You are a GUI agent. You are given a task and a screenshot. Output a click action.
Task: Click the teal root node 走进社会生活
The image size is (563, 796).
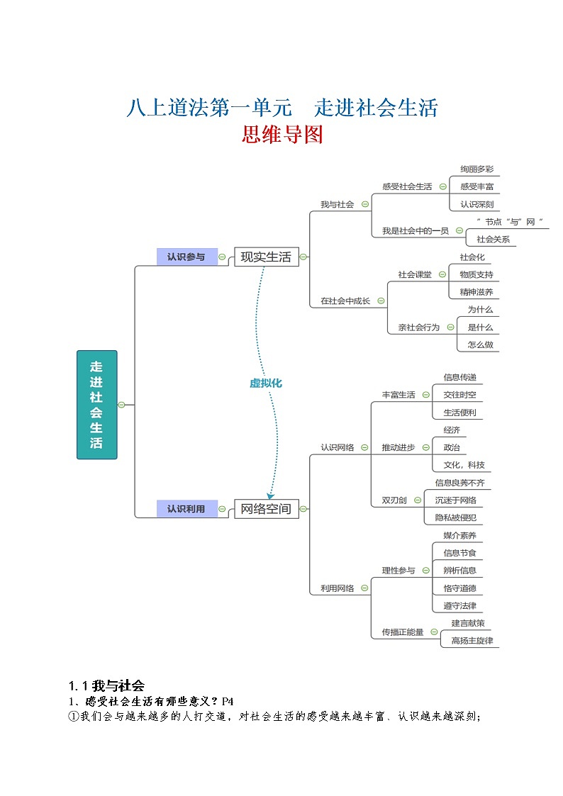pyautogui.click(x=96, y=404)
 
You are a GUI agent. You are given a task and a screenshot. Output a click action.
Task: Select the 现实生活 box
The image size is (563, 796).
pyautogui.click(x=266, y=257)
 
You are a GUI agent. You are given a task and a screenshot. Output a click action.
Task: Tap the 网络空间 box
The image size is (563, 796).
pyautogui.click(x=266, y=508)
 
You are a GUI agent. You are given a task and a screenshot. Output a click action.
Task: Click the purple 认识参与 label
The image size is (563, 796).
pyautogui.click(x=186, y=257)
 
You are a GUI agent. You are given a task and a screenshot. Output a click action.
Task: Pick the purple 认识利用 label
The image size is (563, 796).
pyautogui.click(x=186, y=508)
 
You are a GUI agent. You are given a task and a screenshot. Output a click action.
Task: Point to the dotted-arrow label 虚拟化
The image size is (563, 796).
pyautogui.click(x=266, y=383)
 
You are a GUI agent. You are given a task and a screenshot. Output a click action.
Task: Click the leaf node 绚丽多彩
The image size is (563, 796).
pyautogui.click(x=476, y=169)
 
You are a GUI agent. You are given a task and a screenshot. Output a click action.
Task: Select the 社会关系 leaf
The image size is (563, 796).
pyautogui.click(x=493, y=240)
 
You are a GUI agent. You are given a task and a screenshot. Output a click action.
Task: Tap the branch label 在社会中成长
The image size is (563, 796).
pyautogui.click(x=345, y=301)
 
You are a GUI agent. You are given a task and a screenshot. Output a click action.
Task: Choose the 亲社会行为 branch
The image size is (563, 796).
pyautogui.click(x=418, y=327)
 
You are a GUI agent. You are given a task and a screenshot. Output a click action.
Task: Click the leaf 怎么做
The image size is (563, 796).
pyautogui.click(x=479, y=345)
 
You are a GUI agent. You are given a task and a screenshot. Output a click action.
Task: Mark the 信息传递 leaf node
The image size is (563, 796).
pyautogui.click(x=459, y=377)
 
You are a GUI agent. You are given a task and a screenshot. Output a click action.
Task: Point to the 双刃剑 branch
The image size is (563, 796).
pyautogui.click(x=394, y=500)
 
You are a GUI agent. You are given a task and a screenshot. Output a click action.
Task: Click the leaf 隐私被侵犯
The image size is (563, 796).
pyautogui.click(x=459, y=518)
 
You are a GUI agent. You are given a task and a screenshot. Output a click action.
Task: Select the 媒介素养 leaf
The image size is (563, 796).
pyautogui.click(x=459, y=536)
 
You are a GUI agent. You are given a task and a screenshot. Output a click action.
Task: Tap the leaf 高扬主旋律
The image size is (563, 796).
pyautogui.click(x=472, y=641)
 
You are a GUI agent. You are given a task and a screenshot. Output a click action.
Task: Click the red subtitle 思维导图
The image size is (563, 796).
pyautogui.click(x=282, y=135)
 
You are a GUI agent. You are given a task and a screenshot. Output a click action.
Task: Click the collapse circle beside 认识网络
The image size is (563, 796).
pyautogui.click(x=364, y=447)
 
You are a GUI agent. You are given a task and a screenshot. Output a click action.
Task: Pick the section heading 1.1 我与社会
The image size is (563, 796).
pyautogui.click(x=106, y=685)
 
